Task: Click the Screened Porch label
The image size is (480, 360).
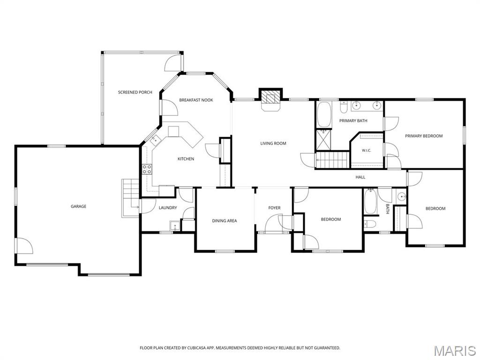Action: coord(135,92)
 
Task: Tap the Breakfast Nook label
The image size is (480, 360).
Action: coord(196,100)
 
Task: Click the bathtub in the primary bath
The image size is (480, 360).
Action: coord(324,114)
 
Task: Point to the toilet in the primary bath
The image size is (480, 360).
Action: coord(343,107)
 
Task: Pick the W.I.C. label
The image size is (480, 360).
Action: coord(366,150)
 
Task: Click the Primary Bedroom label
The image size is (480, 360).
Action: coord(424,136)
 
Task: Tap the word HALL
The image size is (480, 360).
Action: coord(360,177)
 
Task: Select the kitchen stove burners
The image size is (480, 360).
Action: coord(147,169)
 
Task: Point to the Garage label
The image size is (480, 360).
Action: coord(78,206)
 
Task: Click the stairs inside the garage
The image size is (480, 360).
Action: coord(131,198)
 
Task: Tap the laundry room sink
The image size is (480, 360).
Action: coord(174,225)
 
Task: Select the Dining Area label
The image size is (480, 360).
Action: coord(225,221)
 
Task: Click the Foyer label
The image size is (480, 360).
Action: coord(274,208)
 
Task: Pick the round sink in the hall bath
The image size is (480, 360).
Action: coord(401,196)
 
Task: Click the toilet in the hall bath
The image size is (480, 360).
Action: coord(370,224)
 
